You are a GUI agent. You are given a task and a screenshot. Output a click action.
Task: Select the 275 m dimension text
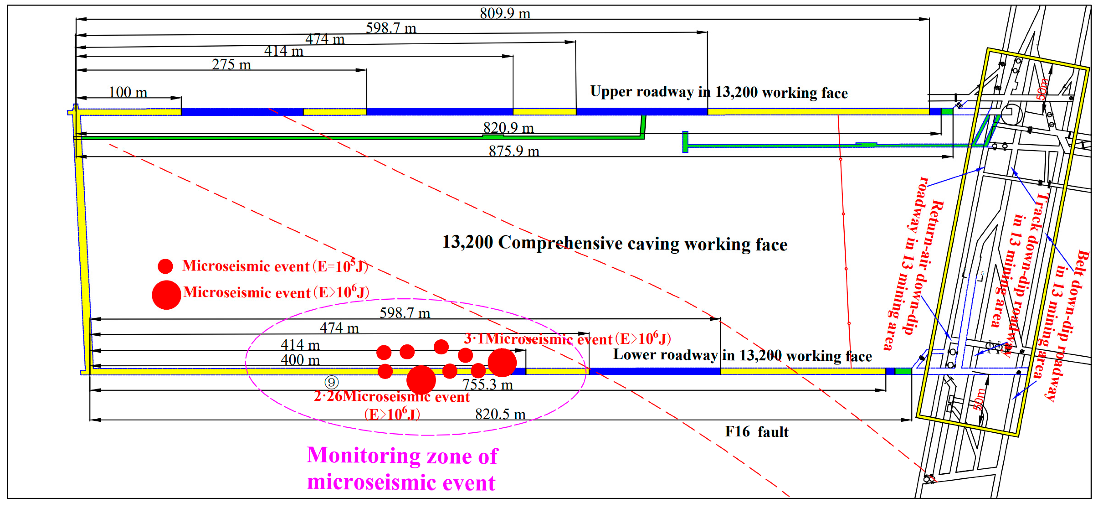(x=231, y=65)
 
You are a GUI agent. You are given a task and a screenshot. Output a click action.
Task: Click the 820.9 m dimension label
(x=508, y=128)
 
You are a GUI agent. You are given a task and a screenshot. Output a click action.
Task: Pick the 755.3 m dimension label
(x=487, y=385)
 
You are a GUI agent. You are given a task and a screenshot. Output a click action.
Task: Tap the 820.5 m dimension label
(x=500, y=414)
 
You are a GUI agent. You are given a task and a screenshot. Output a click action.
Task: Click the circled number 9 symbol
(x=331, y=382)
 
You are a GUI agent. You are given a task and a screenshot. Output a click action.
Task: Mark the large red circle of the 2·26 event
(x=421, y=379)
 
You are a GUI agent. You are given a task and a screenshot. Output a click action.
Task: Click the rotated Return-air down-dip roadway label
(x=914, y=265)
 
